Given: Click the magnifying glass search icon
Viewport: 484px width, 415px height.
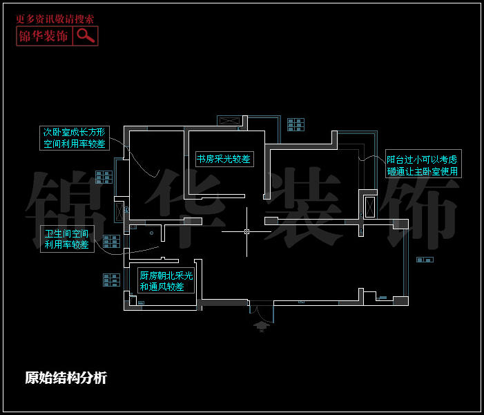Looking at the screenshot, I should point(86,36).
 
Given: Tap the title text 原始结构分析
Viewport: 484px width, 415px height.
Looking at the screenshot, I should point(66,378).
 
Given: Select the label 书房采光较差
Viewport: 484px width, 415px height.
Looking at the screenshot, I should point(223,159).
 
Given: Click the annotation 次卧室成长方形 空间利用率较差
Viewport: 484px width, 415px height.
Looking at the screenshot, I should point(74,138).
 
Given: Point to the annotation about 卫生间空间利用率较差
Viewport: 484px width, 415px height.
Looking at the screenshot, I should point(66,239).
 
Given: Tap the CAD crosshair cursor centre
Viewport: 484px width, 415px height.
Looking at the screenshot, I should point(246,232).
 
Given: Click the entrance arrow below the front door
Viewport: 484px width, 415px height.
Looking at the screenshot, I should point(261,325).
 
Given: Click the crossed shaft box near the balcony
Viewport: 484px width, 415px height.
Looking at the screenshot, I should point(369,207).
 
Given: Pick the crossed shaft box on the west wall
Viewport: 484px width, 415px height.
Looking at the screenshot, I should point(119,212).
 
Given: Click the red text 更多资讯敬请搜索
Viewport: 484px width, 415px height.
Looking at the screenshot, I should point(55,19).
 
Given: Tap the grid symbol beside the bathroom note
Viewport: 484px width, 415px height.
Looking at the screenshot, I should point(111,241).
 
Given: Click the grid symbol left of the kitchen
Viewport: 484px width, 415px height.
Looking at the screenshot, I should point(111,280).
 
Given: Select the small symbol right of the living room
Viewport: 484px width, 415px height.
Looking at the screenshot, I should point(425,260).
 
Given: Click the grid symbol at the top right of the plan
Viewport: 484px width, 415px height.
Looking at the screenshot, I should point(296,124).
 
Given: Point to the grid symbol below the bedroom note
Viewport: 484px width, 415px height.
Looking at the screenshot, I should point(104,176).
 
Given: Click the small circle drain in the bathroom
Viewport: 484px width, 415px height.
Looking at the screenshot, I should point(150,233).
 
